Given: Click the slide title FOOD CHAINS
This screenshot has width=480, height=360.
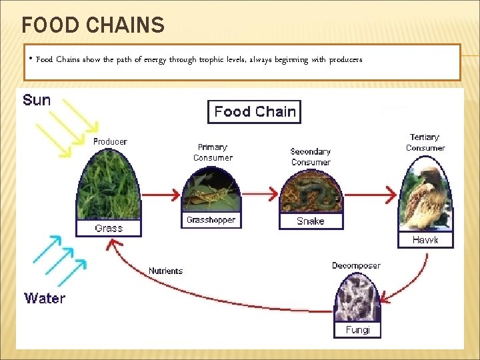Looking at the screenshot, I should click(93, 25).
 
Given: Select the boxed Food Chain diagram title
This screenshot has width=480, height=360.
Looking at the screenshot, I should click(255, 112).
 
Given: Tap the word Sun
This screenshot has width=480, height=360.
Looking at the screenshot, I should click(37, 100).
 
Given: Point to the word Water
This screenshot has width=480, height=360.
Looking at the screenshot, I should click(45, 298).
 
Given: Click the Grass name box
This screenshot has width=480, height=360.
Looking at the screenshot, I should click(109, 228).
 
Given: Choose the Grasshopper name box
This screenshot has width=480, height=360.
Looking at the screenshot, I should click(210, 219).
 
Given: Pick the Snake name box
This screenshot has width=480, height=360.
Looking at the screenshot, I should click(311, 221).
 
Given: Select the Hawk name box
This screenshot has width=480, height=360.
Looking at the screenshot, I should click(425, 239).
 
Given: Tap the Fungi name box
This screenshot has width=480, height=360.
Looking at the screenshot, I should click(357, 330).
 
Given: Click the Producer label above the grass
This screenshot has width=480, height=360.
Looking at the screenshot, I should click(110, 141).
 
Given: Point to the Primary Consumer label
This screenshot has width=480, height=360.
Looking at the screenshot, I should click(213, 153).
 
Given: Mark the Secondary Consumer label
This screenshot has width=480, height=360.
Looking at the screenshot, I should click(311, 157).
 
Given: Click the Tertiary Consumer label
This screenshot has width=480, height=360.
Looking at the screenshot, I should click(425, 143).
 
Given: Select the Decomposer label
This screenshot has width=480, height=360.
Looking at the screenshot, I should click(357, 265).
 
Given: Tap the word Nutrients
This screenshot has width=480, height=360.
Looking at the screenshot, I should click(165, 271).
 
